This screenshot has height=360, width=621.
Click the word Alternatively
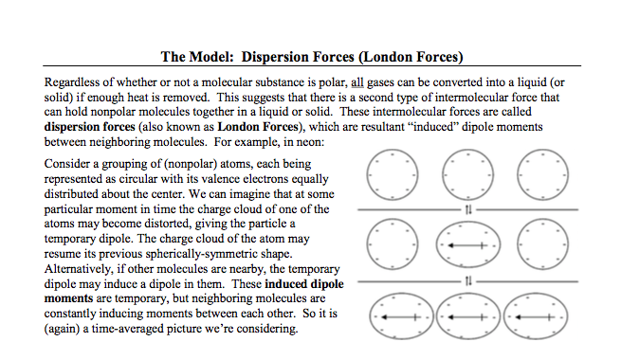tap(83, 271)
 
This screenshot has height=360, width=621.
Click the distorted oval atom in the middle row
tap(466, 245)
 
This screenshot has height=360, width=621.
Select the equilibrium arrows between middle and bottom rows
tap(466, 279)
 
